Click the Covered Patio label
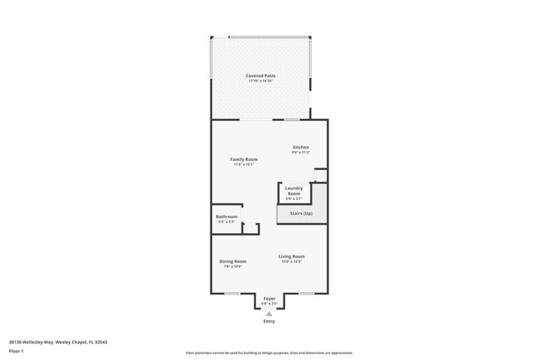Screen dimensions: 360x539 pos(260,75)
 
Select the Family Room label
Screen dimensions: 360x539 pos(244,159)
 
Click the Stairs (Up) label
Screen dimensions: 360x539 pos(301,214)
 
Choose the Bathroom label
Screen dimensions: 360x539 pos(226,217)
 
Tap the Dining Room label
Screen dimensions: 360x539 pos(233,261)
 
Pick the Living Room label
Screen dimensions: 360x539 pos(291,256)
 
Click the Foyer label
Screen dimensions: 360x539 pos(269,299)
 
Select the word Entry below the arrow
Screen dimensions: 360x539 pos(269,321)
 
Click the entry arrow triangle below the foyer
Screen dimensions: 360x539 pos(269,314)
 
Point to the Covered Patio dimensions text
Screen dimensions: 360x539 pos(260,80)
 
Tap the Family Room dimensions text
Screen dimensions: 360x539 pos(244,164)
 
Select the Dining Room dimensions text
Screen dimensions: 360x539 pos(233,266)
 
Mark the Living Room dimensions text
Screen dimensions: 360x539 pos(291,261)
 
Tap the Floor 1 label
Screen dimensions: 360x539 pos(17,351)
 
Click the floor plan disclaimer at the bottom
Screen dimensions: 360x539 pos(269,352)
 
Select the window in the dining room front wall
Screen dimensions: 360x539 pos(233,294)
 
